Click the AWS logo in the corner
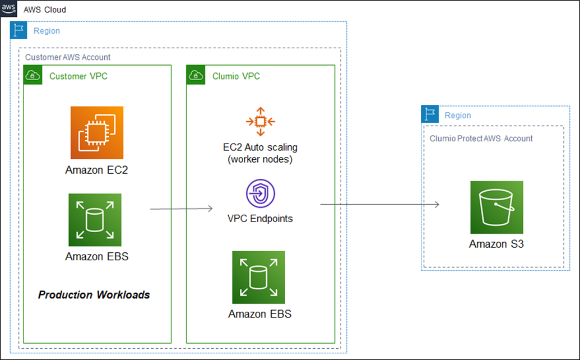(8, 8)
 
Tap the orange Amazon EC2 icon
(97, 133)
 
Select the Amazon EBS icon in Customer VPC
(95, 220)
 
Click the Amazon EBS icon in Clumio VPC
(258, 278)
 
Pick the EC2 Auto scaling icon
(261, 121)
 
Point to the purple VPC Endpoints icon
(261, 193)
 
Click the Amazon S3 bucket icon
(497, 207)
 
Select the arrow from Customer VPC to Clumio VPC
(181, 209)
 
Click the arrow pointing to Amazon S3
(380, 204)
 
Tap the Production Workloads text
(94, 295)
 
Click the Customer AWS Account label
(68, 57)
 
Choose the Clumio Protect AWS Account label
(481, 139)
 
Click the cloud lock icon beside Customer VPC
(33, 75)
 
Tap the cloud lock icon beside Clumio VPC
(196, 75)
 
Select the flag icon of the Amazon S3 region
(430, 114)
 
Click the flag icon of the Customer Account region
(18, 30)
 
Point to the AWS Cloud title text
(45, 10)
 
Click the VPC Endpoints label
(260, 219)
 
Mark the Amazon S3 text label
(497, 244)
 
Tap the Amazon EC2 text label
(96, 170)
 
